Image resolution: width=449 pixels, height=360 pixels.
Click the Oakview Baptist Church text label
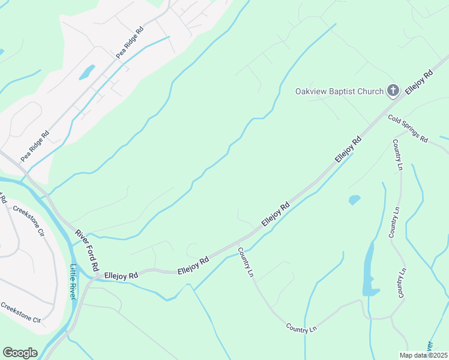click(339, 91)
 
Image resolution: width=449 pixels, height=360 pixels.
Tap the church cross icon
click(393, 91)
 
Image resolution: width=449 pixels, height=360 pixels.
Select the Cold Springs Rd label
click(408, 128)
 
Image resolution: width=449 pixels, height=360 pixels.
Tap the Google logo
click(20, 353)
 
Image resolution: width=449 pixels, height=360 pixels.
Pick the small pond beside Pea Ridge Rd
click(87, 72)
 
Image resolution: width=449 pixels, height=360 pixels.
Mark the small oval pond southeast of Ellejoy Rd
click(354, 199)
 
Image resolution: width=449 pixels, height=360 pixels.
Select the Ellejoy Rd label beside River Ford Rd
click(121, 275)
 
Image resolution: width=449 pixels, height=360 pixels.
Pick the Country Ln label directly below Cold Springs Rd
click(397, 154)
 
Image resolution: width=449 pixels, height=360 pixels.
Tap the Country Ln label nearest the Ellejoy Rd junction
click(246, 262)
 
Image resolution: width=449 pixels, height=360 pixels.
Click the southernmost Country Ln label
click(301, 328)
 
